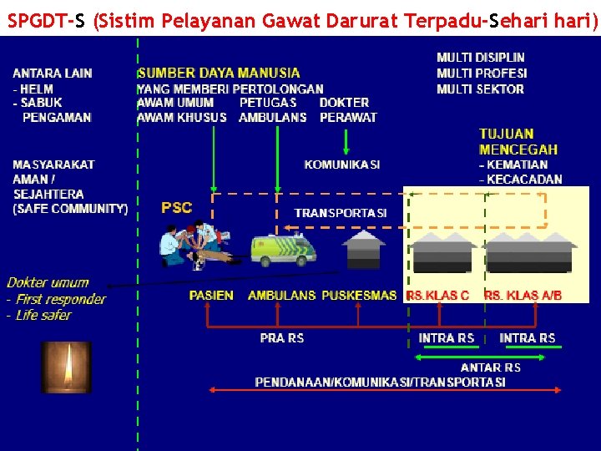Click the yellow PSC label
176,207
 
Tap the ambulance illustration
284,249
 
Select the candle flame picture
66,367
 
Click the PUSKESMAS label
359,296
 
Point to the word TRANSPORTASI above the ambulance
341,213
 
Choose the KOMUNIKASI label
342,165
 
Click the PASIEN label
211,296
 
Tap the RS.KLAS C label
437,296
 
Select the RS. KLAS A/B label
523,296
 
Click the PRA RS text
282,338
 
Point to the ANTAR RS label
491,367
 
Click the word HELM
38,89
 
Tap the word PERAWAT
348,118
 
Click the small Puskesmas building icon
364,250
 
